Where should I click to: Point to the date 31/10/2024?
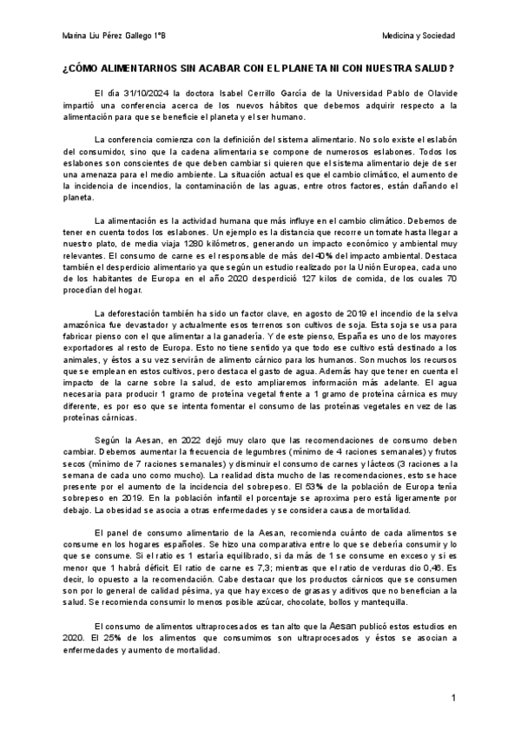click(x=148, y=91)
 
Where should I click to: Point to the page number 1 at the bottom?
click(x=452, y=699)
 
